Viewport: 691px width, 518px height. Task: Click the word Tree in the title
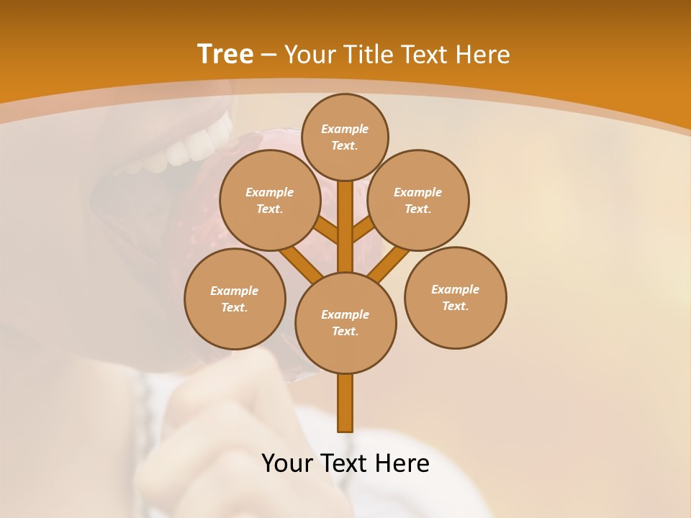click(x=225, y=55)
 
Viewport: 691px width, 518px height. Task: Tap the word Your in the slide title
click(x=311, y=55)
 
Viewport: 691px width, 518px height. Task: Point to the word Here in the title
click(x=484, y=55)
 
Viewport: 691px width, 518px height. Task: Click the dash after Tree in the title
click(x=268, y=55)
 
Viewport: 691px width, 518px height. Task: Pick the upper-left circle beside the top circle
click(x=269, y=200)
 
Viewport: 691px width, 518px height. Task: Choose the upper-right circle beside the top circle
click(x=418, y=200)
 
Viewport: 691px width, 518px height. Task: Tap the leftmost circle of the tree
click(x=235, y=299)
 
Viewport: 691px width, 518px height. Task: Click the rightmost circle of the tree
click(x=455, y=297)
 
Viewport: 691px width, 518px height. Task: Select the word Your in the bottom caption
click(x=287, y=463)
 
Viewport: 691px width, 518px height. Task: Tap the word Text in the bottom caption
click(x=345, y=463)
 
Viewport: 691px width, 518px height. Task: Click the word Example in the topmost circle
click(x=345, y=129)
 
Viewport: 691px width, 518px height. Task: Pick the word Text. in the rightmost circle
click(x=455, y=306)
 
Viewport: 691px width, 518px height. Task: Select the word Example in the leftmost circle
click(x=234, y=291)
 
